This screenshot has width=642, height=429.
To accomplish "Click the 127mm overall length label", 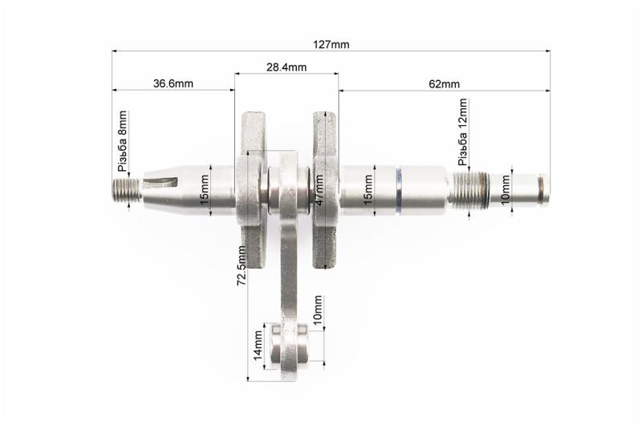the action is click(331, 45).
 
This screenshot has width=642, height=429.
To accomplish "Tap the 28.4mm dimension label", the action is click(286, 67).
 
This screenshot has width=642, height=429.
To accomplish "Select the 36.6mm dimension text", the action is click(173, 83).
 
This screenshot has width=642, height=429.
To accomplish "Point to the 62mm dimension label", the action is click(445, 84).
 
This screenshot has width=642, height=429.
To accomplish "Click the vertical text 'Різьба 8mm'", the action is click(122, 141).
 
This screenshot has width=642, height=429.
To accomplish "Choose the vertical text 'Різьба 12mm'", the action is click(462, 132).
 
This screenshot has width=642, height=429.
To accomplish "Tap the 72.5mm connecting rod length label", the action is click(242, 265).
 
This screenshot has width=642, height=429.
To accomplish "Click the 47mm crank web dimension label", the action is click(319, 190).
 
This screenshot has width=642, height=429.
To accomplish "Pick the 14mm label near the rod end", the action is click(258, 345).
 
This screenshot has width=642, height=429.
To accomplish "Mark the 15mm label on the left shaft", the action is click(204, 190).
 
